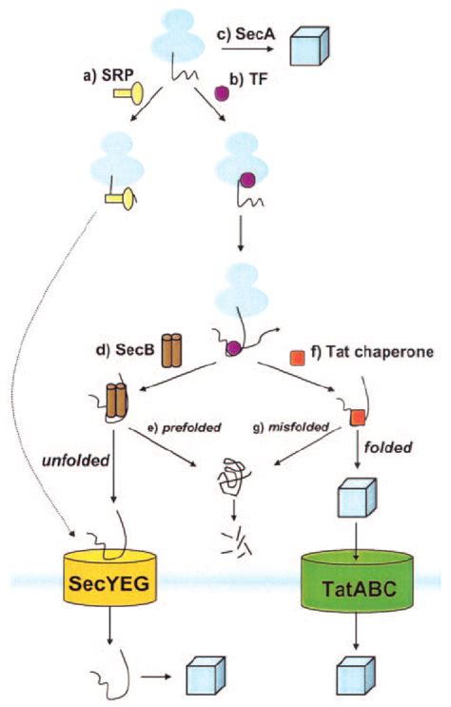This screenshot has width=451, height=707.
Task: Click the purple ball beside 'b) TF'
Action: [x=222, y=95]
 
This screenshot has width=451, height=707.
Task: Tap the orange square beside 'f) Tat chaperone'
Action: [x=296, y=358]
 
